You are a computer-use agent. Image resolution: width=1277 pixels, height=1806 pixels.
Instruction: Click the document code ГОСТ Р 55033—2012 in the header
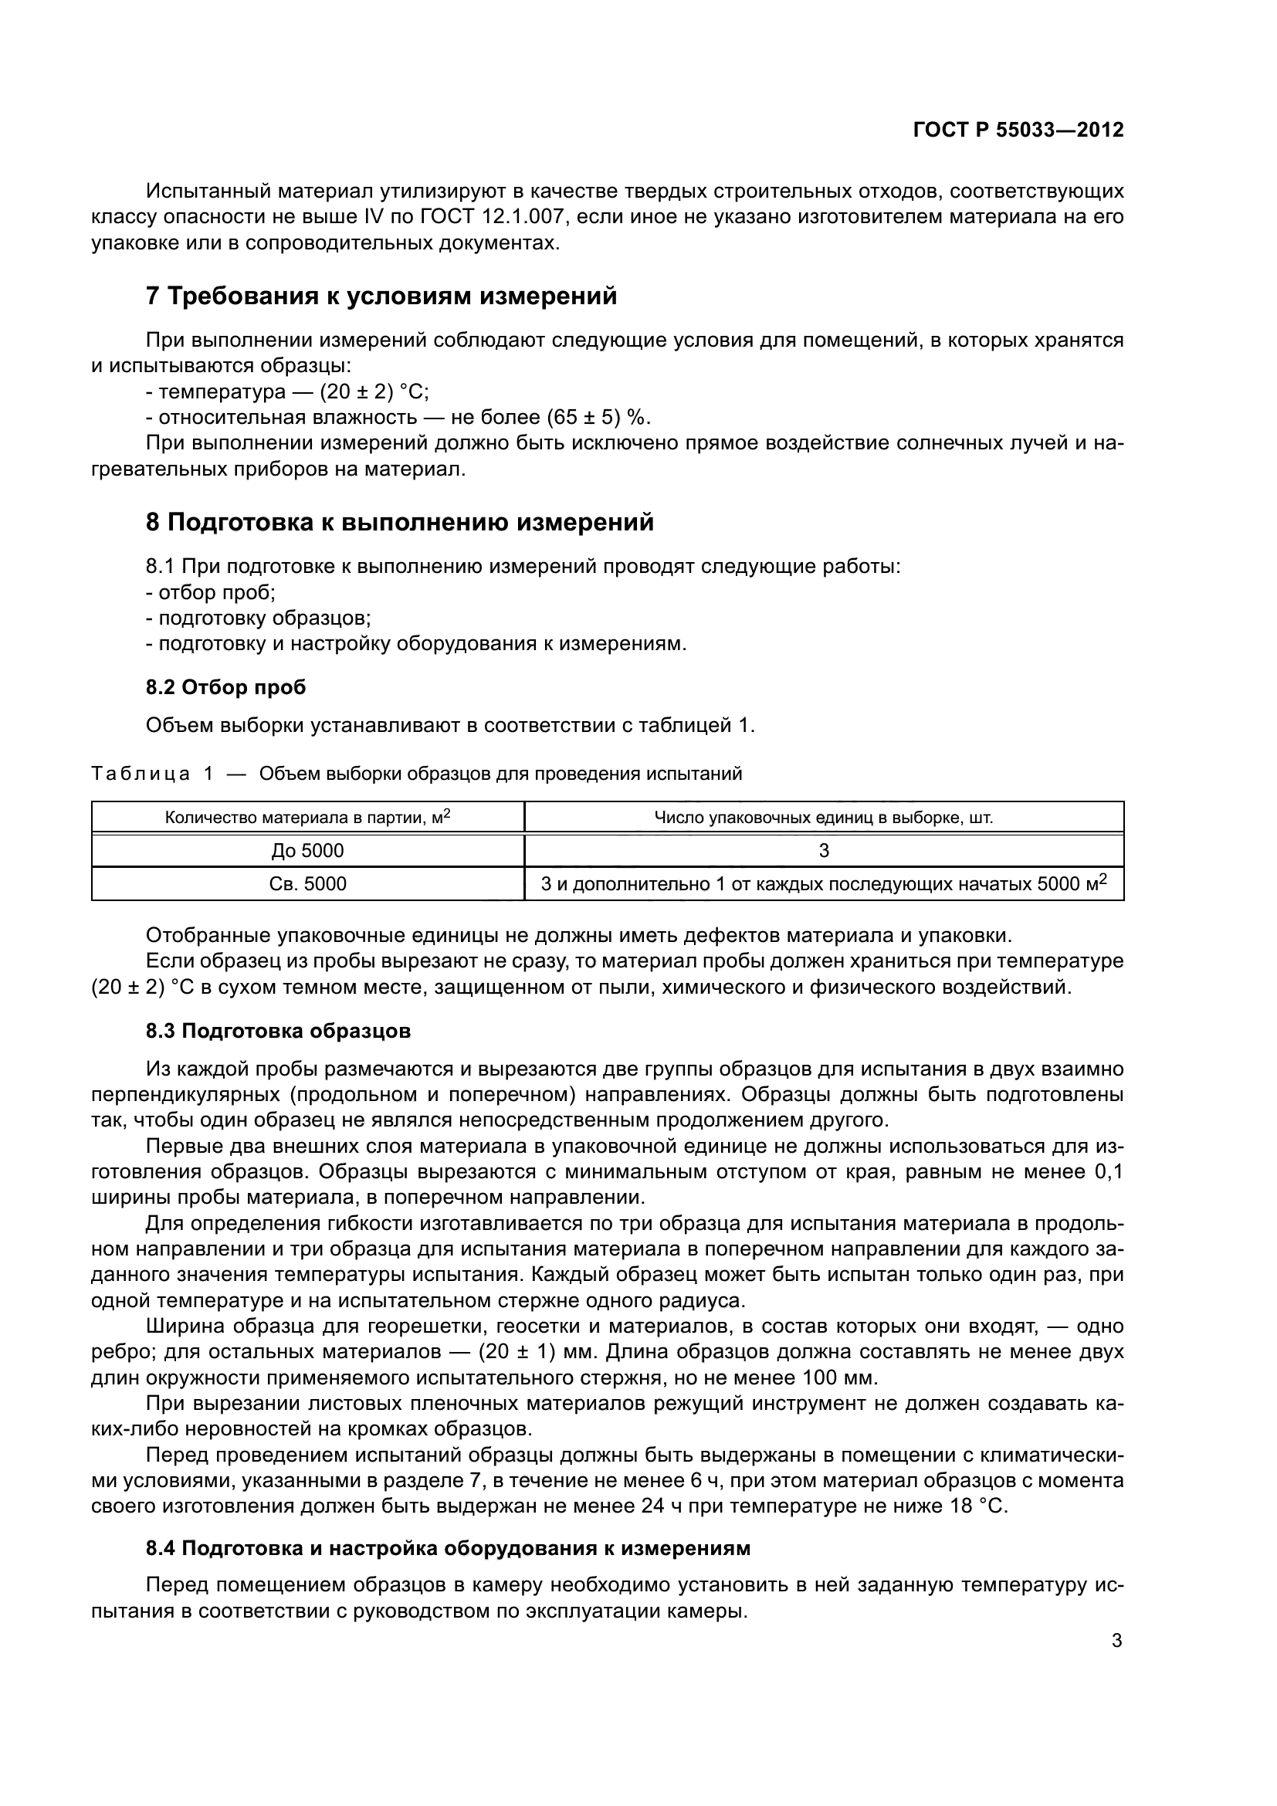tap(1018, 130)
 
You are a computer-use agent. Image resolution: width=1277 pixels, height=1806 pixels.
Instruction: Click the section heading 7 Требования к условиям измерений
tap(381, 296)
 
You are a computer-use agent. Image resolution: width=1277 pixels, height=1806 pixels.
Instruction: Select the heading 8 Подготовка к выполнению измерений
tap(399, 522)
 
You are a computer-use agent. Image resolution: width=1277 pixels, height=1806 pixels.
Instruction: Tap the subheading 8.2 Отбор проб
tap(225, 687)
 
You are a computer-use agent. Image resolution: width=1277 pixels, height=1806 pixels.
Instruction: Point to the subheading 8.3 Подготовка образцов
tap(278, 1031)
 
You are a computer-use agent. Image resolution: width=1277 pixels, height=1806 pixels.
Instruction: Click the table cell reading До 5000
tap(307, 850)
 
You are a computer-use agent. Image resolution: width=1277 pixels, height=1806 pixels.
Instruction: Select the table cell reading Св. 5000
tap(307, 884)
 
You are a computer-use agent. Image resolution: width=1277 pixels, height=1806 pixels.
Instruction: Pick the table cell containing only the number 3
tap(823, 850)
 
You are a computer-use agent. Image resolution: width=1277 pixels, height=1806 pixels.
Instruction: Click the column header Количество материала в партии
tap(307, 817)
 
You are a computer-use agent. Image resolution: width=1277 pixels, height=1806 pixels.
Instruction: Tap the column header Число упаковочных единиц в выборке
tap(823, 817)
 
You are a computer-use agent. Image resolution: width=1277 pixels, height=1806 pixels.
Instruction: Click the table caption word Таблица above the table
tap(141, 774)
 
